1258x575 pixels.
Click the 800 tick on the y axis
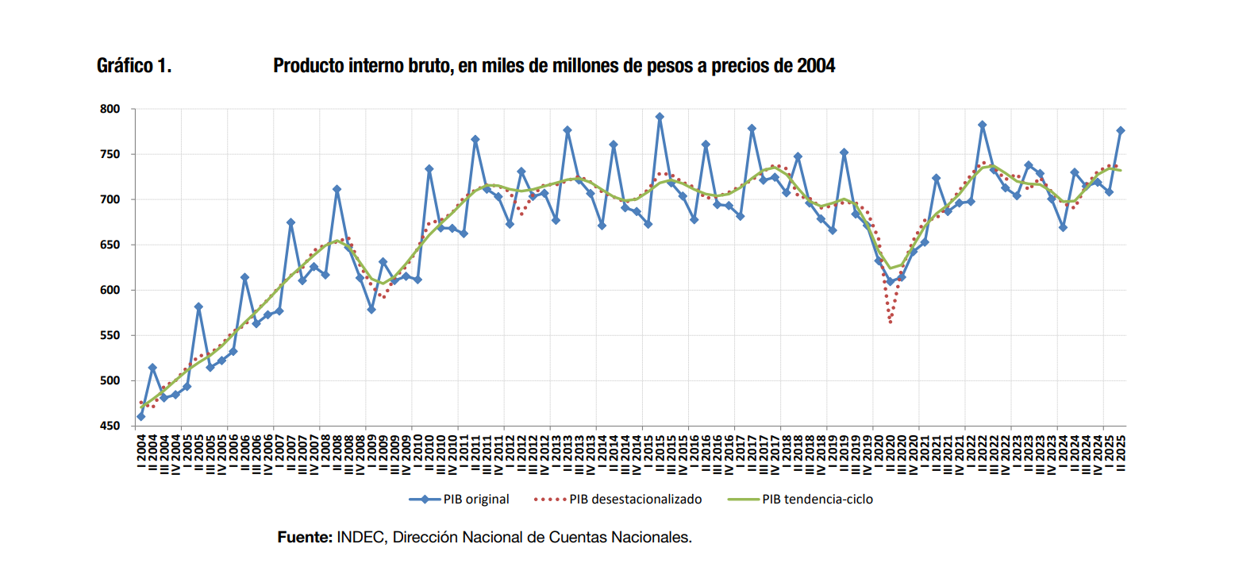(110, 109)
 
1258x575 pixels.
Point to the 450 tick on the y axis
(110, 426)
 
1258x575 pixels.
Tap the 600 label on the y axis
(110, 290)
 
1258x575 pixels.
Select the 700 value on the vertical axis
(110, 199)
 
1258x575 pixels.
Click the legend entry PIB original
(475, 500)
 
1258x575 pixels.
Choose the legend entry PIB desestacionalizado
(635, 500)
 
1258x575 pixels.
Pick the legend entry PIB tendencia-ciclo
(817, 500)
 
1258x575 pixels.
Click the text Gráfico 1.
(134, 66)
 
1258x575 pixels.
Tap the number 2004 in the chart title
(816, 66)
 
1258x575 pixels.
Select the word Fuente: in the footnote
(305, 538)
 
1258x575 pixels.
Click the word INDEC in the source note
(360, 538)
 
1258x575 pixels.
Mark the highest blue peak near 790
(660, 117)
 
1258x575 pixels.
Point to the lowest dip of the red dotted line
(891, 321)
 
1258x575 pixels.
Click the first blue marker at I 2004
(140, 416)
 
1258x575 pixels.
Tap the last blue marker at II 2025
(1121, 130)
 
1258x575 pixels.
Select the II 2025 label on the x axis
(1121, 452)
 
